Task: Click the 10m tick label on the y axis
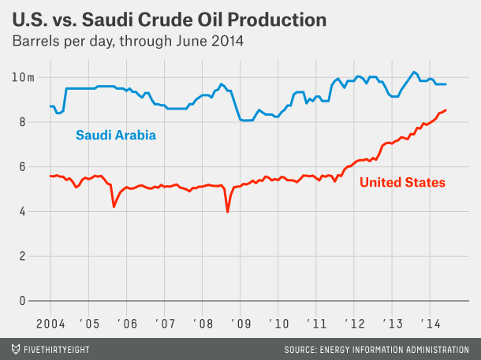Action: click(24, 77)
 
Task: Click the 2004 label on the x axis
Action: click(50, 323)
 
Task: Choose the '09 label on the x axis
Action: click(240, 323)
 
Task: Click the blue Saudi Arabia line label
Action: click(115, 135)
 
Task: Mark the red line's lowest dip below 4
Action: click(228, 211)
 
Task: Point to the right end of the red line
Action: click(446, 110)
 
